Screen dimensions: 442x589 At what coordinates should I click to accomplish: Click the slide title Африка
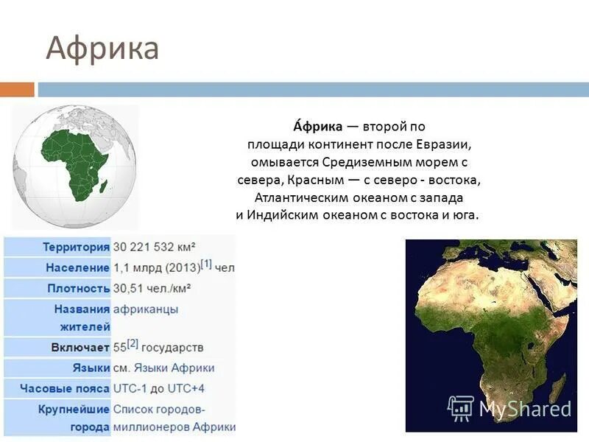[x=102, y=49]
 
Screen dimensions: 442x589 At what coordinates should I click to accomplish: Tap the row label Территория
[x=76, y=247]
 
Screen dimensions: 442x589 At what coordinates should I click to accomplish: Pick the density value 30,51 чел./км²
[x=152, y=288]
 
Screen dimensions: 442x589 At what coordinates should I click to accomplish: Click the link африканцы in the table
[x=145, y=309]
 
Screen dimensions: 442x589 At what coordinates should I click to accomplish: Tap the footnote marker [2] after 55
[x=133, y=343]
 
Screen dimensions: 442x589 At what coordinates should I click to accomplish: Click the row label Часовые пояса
[x=65, y=388]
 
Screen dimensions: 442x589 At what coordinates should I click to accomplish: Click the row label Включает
[x=81, y=347]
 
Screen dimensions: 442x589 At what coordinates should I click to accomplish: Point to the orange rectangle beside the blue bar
[x=17, y=89]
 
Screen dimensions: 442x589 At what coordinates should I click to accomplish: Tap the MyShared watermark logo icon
[x=461, y=407]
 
